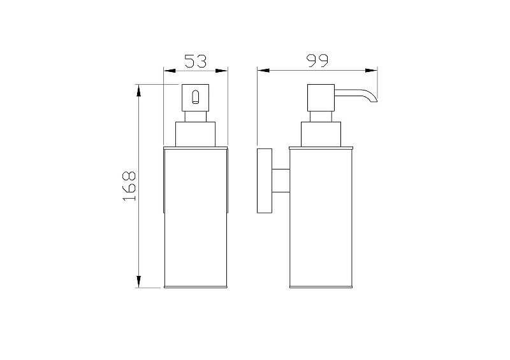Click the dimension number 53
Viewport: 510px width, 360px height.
tap(196, 61)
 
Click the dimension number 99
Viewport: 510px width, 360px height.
tap(317, 61)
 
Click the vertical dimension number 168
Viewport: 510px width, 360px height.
tap(129, 185)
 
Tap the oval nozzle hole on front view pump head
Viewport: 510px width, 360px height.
tap(195, 97)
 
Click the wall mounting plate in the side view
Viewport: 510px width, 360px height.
tap(265, 181)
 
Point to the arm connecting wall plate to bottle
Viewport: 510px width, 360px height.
tap(280, 180)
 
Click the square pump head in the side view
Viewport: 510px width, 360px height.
tap(321, 97)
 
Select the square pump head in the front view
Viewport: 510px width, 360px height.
tap(195, 97)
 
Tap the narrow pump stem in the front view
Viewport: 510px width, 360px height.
tap(195, 117)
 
